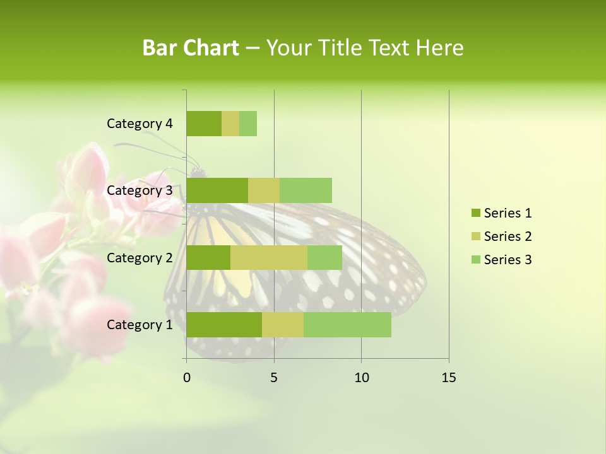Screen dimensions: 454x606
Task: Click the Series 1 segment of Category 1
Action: click(224, 325)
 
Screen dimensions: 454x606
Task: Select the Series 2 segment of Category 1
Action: click(283, 325)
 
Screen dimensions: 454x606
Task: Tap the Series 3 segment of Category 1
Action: click(347, 325)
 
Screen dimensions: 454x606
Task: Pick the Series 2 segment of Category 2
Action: click(269, 258)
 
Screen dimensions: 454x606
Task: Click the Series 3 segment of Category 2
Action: click(324, 258)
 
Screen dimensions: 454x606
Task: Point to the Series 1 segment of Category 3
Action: click(217, 190)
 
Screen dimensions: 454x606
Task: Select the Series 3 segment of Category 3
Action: click(306, 190)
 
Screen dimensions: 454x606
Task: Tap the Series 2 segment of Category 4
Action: click(230, 124)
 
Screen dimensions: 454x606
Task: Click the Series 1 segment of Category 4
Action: click(204, 124)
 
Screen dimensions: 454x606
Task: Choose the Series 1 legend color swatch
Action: click(475, 213)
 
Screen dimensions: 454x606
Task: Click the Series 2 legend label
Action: click(508, 236)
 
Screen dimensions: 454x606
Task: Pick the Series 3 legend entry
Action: click(501, 260)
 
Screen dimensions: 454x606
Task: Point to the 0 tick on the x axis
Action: click(187, 378)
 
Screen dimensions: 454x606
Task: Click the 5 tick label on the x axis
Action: click(274, 378)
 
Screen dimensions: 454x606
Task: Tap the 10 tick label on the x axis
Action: click(361, 378)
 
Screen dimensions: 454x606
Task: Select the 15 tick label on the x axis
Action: click(449, 378)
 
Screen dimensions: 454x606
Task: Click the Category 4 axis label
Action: click(140, 124)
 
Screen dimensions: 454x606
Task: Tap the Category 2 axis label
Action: click(140, 258)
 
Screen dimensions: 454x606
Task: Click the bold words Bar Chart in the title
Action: click(191, 48)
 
